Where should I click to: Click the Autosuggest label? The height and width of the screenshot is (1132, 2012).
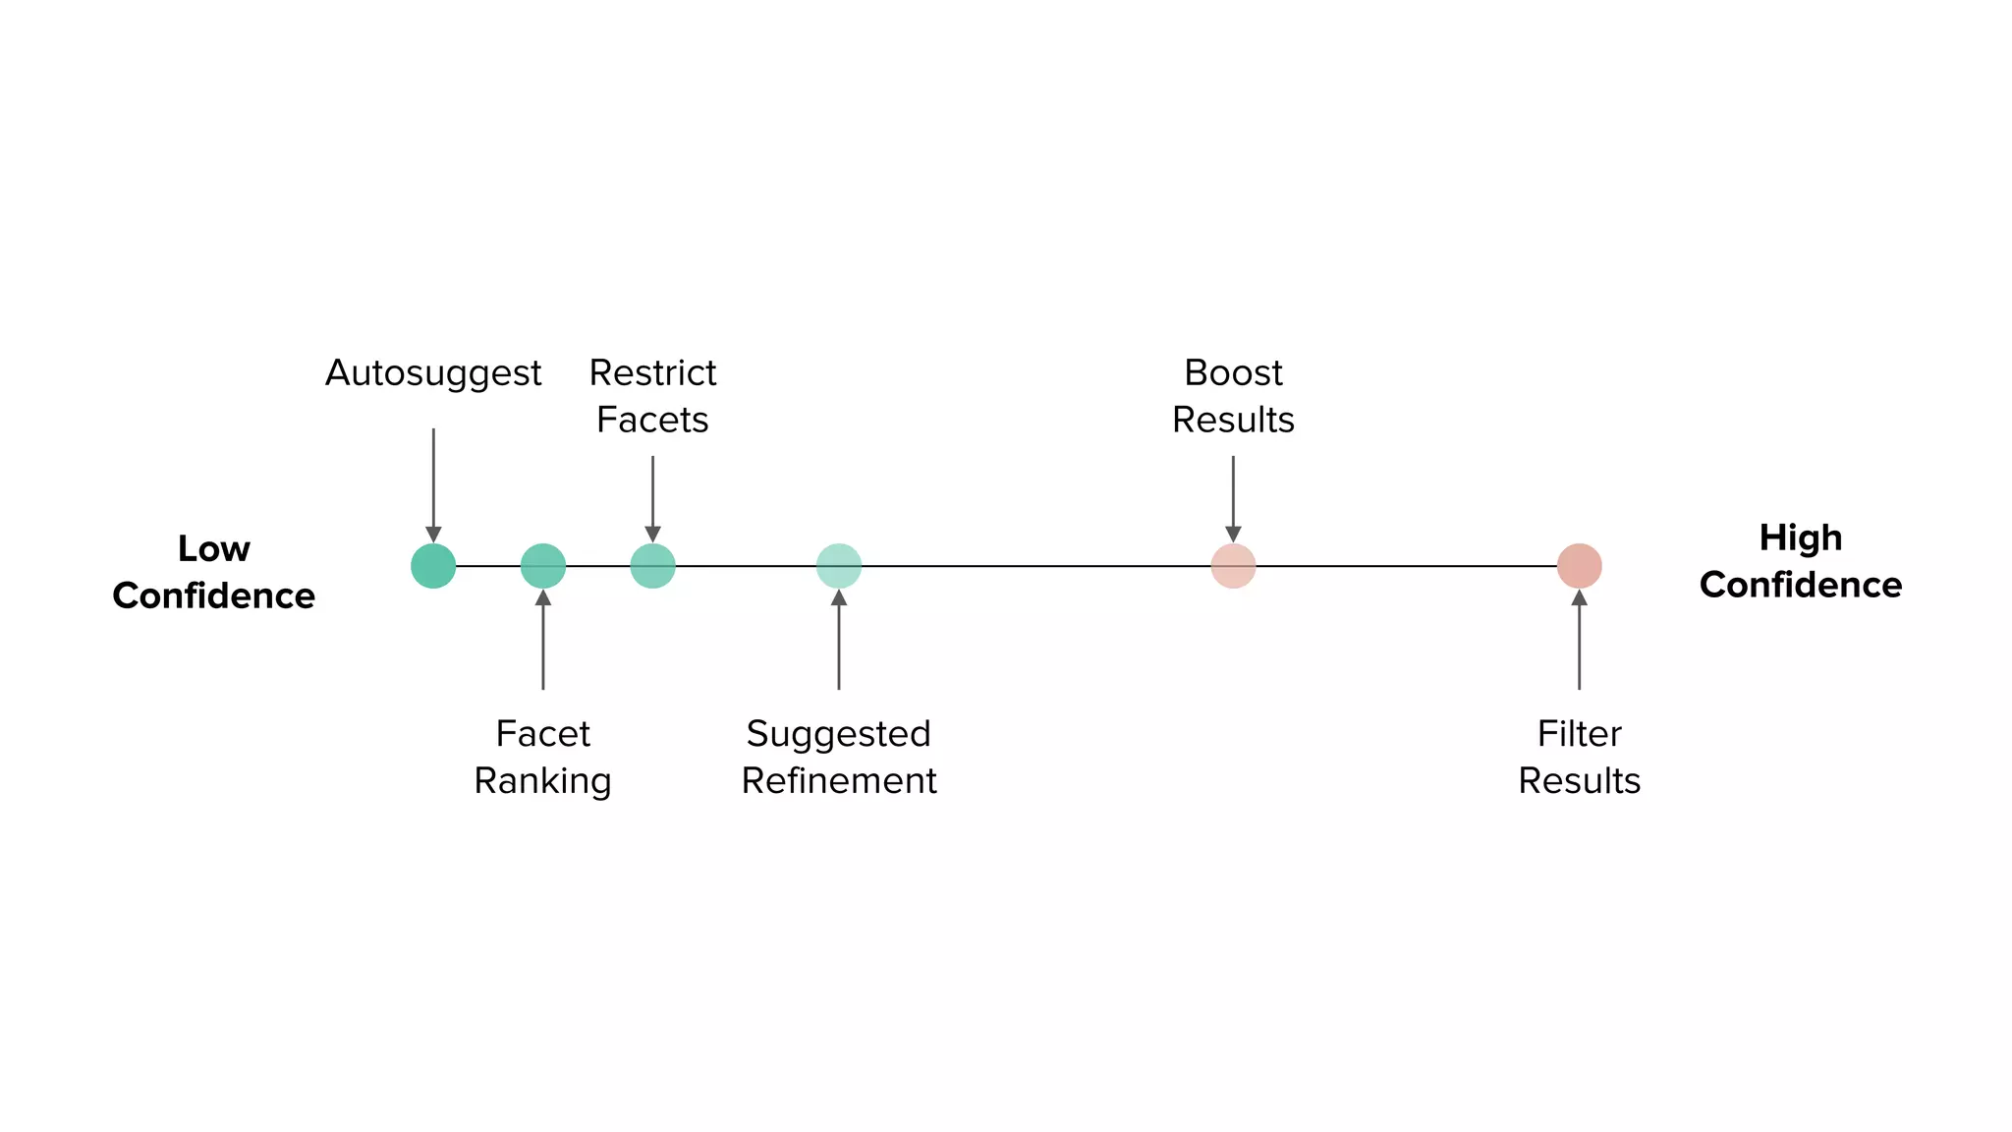(433, 373)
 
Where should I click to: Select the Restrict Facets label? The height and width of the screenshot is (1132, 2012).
(652, 396)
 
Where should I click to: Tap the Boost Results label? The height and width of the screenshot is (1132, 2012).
(1233, 396)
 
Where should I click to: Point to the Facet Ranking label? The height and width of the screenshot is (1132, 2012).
(543, 757)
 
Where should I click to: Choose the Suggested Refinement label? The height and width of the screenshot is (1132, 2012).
(839, 757)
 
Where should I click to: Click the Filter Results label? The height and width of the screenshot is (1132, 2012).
(1579, 757)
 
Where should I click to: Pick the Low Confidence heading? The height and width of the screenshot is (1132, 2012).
(214, 572)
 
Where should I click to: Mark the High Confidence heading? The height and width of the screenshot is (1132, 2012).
(1801, 561)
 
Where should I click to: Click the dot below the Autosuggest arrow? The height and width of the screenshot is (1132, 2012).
(433, 566)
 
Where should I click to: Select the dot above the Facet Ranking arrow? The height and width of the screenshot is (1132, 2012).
(543, 566)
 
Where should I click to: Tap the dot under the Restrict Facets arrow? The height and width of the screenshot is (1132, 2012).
(652, 566)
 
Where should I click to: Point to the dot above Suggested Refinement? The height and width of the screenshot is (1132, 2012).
(839, 566)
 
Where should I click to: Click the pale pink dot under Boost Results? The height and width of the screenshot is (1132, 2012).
(1233, 566)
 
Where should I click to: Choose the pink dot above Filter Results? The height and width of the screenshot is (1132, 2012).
(1579, 566)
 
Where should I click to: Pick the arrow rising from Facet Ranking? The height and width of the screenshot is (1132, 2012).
(543, 639)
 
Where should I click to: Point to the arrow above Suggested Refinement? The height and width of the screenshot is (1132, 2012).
(839, 639)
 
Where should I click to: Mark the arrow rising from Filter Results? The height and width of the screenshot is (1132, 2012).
(1579, 639)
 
